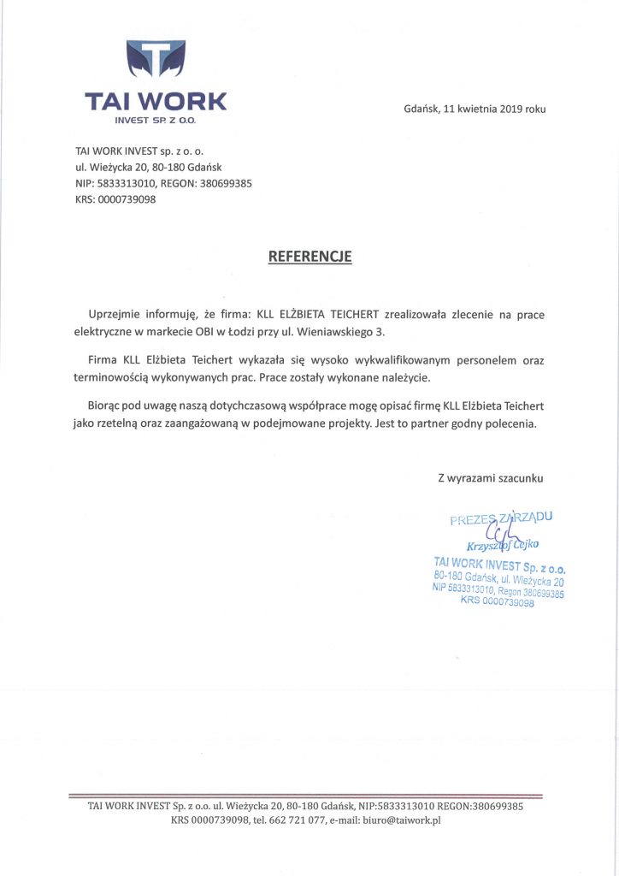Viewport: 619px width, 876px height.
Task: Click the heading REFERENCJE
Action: [309, 256]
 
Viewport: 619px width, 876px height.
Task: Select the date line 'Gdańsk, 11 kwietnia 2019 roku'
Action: [475, 109]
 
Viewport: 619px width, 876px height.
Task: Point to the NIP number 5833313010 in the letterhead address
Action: [127, 183]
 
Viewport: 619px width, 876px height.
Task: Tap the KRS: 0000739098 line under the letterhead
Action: [115, 199]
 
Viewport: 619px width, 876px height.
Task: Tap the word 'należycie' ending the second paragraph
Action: [406, 377]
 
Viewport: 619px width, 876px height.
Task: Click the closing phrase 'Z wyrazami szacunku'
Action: [490, 478]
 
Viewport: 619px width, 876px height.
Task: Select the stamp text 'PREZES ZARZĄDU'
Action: [501, 518]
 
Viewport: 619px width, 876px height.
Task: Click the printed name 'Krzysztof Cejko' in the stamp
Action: [502, 545]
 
